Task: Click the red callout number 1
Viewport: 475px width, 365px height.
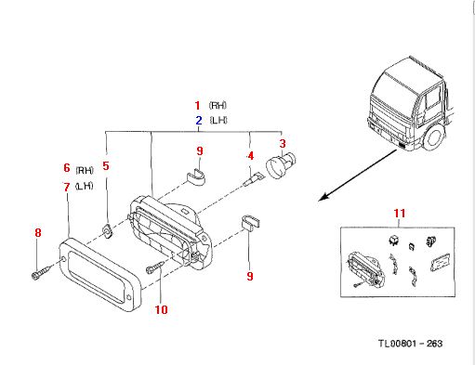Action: click(197, 106)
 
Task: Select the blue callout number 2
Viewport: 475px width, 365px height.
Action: click(199, 120)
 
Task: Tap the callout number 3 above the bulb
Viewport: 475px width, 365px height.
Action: click(283, 144)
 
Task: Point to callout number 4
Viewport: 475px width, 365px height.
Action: click(250, 156)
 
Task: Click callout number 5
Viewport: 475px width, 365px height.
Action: click(106, 165)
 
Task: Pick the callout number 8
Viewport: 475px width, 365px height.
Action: click(37, 232)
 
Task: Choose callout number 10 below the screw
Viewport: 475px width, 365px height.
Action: click(161, 309)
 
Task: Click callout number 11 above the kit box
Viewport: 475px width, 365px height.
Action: click(400, 214)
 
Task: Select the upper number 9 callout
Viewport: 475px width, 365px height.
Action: click(200, 151)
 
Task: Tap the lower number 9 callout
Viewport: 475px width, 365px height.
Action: click(250, 276)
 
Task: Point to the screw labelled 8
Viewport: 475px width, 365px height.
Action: click(41, 272)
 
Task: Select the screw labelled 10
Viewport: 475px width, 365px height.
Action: click(155, 267)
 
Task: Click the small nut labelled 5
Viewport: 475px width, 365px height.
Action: click(107, 230)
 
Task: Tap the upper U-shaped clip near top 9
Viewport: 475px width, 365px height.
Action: click(196, 177)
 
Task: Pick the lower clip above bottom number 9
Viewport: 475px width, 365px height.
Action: click(250, 222)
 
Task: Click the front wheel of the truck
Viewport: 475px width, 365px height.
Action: click(435, 138)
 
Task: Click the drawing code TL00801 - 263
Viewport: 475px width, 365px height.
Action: click(410, 344)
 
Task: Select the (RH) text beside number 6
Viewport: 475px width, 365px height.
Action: click(85, 170)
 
